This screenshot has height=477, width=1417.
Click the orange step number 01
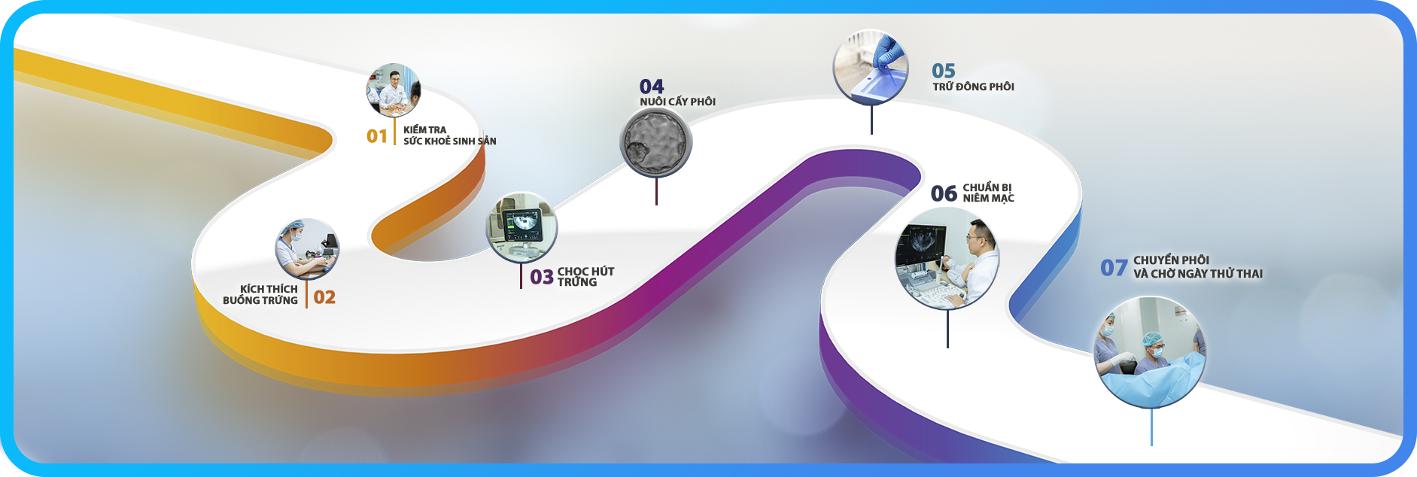[x=376, y=136]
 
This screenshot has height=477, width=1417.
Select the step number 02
[x=324, y=297]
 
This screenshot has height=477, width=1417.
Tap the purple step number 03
[x=542, y=278]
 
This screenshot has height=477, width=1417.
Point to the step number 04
[x=652, y=87]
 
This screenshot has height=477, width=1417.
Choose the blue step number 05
[x=944, y=71]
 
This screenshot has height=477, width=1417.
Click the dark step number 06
[x=944, y=193]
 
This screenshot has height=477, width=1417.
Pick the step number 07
[x=1114, y=268]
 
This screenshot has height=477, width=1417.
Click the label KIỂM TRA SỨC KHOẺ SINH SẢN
[x=449, y=135]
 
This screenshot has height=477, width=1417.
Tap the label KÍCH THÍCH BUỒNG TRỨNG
[x=260, y=294]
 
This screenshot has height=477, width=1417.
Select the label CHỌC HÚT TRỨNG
[x=585, y=277]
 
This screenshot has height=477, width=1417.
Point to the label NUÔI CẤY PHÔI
[x=677, y=102]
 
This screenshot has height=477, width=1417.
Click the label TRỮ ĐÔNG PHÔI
[x=973, y=87]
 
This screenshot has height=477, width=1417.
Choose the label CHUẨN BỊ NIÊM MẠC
[x=988, y=193]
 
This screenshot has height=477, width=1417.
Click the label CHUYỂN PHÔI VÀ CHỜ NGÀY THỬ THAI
[x=1198, y=267]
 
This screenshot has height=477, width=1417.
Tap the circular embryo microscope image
[x=656, y=142]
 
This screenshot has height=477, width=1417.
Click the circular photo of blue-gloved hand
[x=871, y=67]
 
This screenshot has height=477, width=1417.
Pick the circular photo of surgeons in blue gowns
[x=1150, y=352]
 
